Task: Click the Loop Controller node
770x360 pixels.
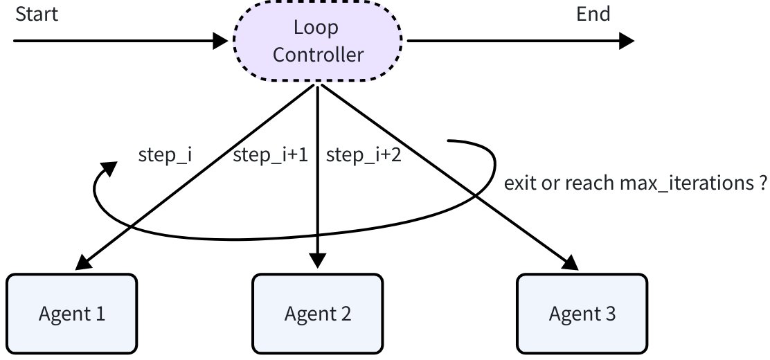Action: [317, 43]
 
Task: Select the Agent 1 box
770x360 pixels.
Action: [71, 314]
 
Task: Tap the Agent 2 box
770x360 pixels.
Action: [317, 314]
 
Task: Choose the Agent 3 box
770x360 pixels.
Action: [582, 314]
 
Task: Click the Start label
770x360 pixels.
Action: [36, 15]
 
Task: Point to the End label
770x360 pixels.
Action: [593, 15]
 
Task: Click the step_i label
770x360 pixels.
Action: [165, 156]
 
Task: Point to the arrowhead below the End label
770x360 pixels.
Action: [626, 41]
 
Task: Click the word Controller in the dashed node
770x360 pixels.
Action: [317, 54]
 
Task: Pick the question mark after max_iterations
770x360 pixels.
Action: [761, 184]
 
